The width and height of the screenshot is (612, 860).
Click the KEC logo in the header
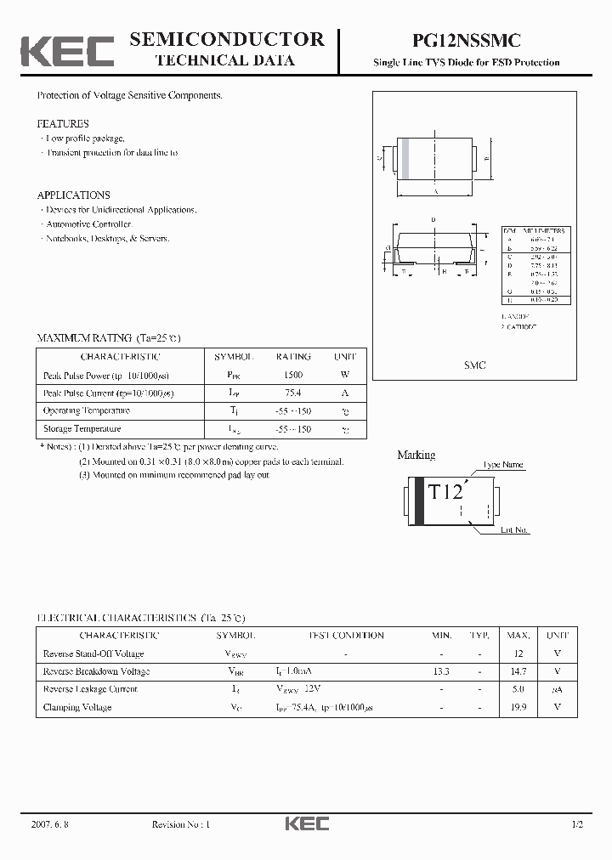(x=67, y=52)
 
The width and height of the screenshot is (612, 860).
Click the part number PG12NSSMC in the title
(x=467, y=40)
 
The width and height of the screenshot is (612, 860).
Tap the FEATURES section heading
(x=63, y=124)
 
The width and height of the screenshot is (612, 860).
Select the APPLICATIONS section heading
(x=73, y=195)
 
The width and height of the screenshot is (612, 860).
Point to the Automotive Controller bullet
(x=87, y=224)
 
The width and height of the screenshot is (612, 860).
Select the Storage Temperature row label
(x=82, y=429)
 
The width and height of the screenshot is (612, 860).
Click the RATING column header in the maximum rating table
(x=293, y=357)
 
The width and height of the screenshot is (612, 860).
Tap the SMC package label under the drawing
(x=474, y=365)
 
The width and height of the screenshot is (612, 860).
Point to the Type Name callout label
(x=503, y=466)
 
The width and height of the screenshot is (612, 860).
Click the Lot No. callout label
(x=514, y=530)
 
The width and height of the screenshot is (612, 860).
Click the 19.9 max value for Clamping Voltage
(x=519, y=707)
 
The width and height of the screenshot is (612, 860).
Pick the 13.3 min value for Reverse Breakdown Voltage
(x=440, y=671)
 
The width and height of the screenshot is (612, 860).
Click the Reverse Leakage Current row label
(x=90, y=689)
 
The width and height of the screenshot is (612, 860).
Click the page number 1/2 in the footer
(x=578, y=825)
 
